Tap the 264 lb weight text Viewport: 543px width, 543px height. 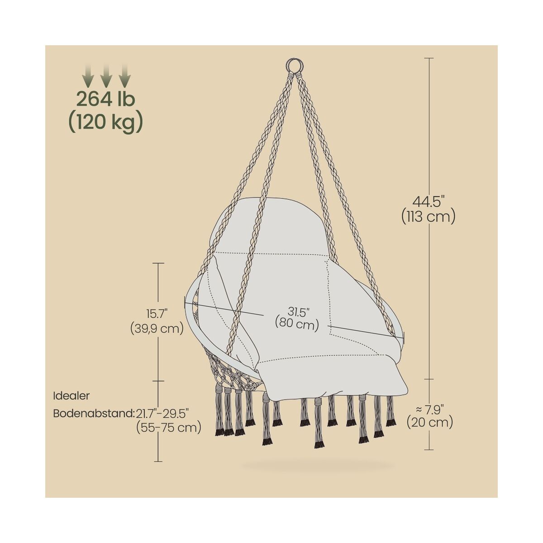point(106,99)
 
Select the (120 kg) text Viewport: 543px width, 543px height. point(106,123)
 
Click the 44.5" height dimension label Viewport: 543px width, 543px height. point(429,202)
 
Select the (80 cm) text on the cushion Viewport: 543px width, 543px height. point(297,324)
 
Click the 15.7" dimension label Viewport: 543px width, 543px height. point(157,313)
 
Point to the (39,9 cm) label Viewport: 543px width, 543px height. point(157,328)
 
